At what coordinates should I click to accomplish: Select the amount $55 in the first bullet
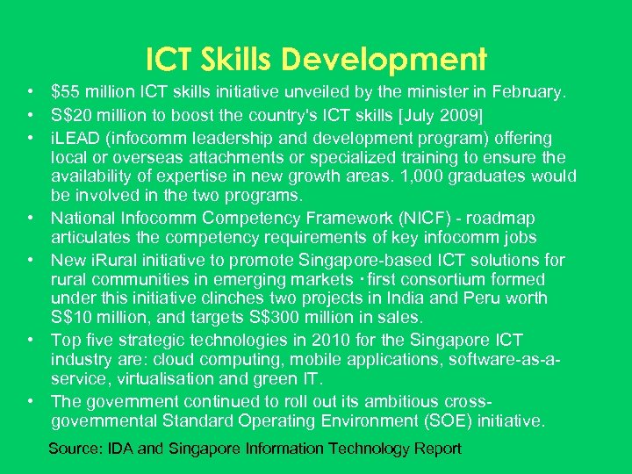point(66,90)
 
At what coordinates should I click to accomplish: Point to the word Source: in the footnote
point(75,449)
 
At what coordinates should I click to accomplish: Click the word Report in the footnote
point(437,449)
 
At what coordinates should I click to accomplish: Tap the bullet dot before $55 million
point(30,90)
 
